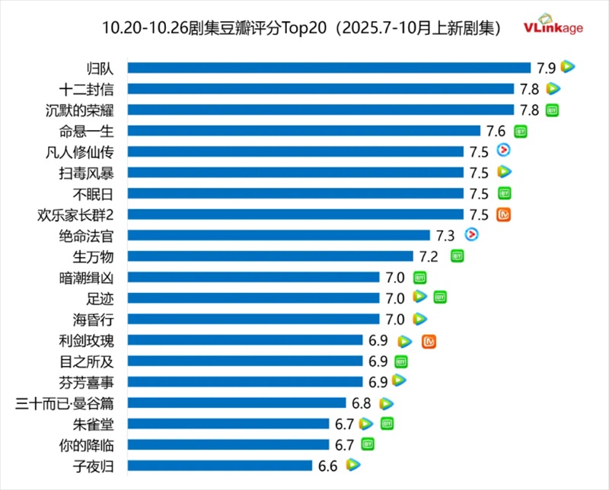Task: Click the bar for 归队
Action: pyautogui.click(x=328, y=68)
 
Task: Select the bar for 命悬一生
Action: pyautogui.click(x=303, y=131)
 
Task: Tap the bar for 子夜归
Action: pyautogui.click(x=219, y=465)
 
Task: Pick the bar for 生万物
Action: pyautogui.click(x=269, y=256)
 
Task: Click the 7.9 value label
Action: pyautogui.click(x=547, y=68)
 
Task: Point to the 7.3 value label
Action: pyautogui.click(x=445, y=236)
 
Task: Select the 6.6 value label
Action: pyautogui.click(x=328, y=465)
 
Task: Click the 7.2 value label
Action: pyautogui.click(x=429, y=256)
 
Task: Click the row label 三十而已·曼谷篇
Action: pyautogui.click(x=65, y=402)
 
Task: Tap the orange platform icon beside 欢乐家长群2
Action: pyautogui.click(x=503, y=214)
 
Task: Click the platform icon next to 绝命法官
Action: pyautogui.click(x=470, y=235)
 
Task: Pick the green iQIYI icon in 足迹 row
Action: pyautogui.click(x=439, y=297)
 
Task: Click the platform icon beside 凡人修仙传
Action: pyautogui.click(x=503, y=151)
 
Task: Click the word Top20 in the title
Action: pyautogui.click(x=304, y=28)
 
